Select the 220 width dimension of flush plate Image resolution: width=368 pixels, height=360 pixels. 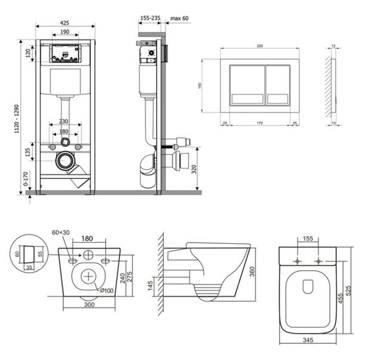pos(260,46)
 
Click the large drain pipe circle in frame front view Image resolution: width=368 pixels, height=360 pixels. pos(65,161)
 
